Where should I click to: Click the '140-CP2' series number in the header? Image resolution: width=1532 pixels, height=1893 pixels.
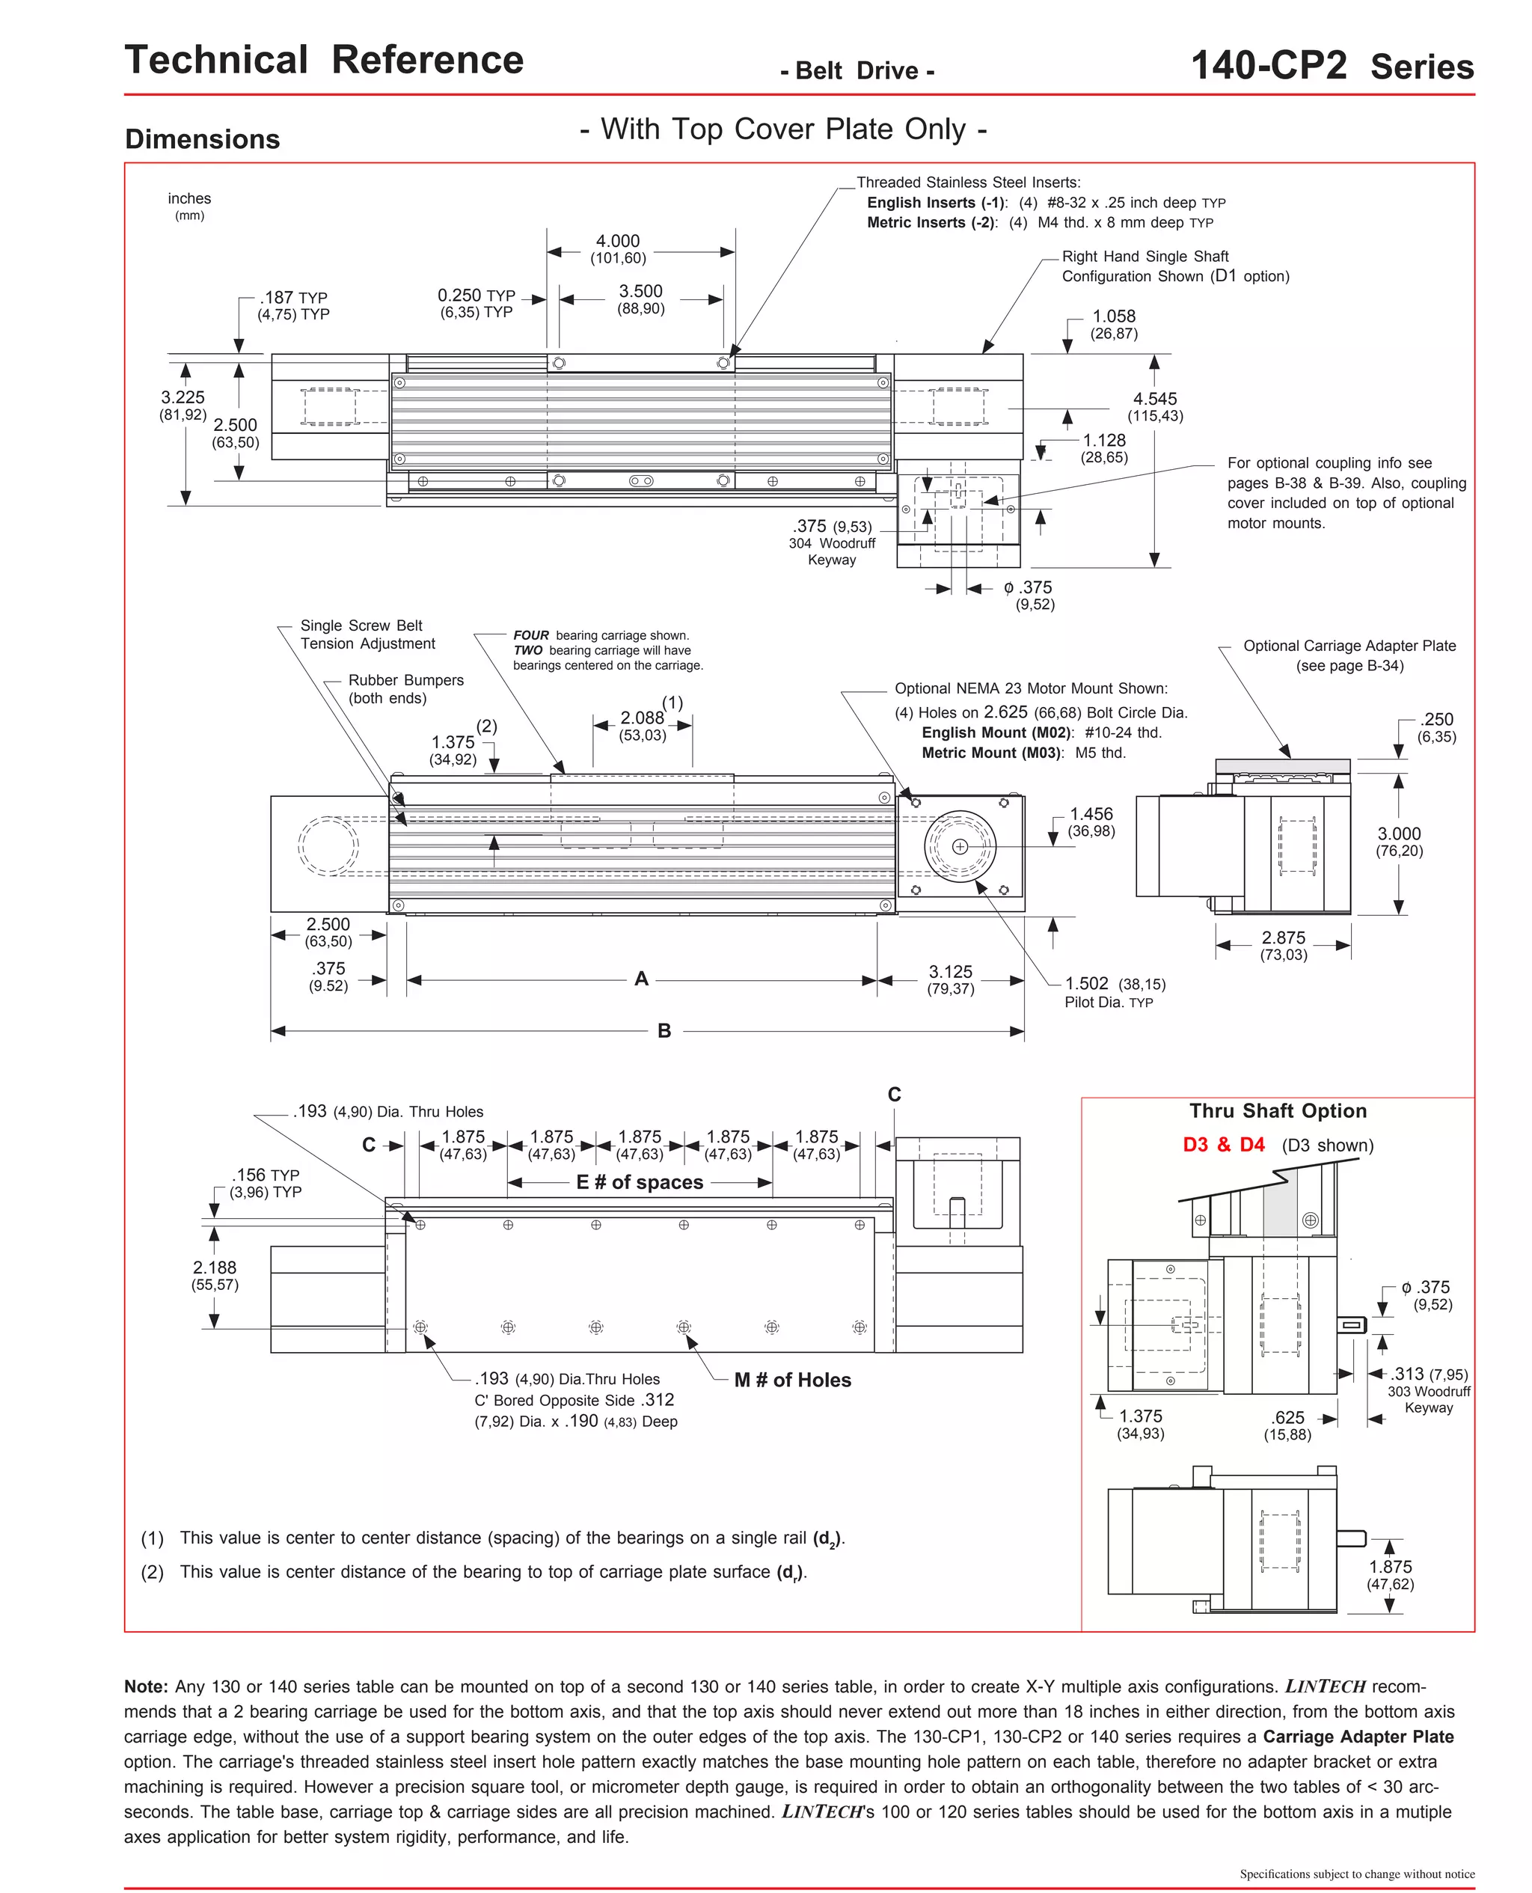point(1268,66)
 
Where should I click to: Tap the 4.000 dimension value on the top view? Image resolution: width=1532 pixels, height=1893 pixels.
point(618,241)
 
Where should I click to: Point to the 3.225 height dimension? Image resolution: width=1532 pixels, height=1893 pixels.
point(183,398)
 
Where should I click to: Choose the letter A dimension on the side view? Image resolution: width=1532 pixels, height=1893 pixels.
point(642,979)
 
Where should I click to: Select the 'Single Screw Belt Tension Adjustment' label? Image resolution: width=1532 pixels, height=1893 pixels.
point(367,634)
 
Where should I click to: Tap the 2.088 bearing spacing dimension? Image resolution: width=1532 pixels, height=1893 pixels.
point(642,718)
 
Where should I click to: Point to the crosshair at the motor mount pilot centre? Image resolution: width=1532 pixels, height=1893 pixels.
point(960,847)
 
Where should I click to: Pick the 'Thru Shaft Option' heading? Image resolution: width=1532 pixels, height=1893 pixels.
point(1277,1111)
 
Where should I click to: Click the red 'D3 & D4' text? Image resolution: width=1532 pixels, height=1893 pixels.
point(1223,1146)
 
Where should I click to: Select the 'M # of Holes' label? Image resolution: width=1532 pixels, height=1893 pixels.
point(791,1380)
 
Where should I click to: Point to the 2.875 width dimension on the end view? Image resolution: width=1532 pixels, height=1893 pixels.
point(1283,938)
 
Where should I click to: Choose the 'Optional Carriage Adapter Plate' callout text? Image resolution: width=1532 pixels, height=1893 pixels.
point(1349,646)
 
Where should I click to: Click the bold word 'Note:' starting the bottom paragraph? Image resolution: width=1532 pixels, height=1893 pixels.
point(146,1687)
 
